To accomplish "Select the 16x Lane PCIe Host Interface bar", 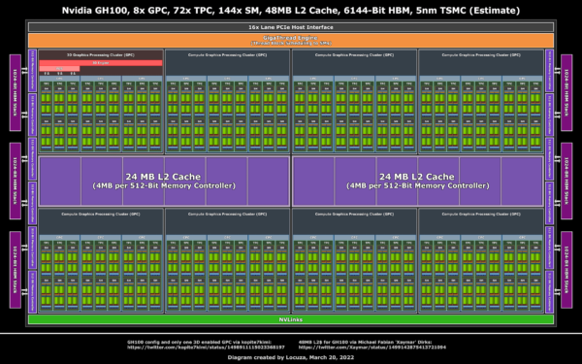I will coord(290,27).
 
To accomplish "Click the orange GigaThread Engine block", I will coord(290,40).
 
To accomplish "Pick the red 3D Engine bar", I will coord(100,63).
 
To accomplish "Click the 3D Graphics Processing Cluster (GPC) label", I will coord(100,55).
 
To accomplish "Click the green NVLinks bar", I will coord(290,318).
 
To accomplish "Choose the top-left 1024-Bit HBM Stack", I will coord(14,91).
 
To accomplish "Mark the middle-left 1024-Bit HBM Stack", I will coord(14,181).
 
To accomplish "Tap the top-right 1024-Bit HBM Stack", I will coord(567,91).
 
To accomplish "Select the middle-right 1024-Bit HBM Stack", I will coord(567,181).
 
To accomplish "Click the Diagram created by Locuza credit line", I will coord(290,356).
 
